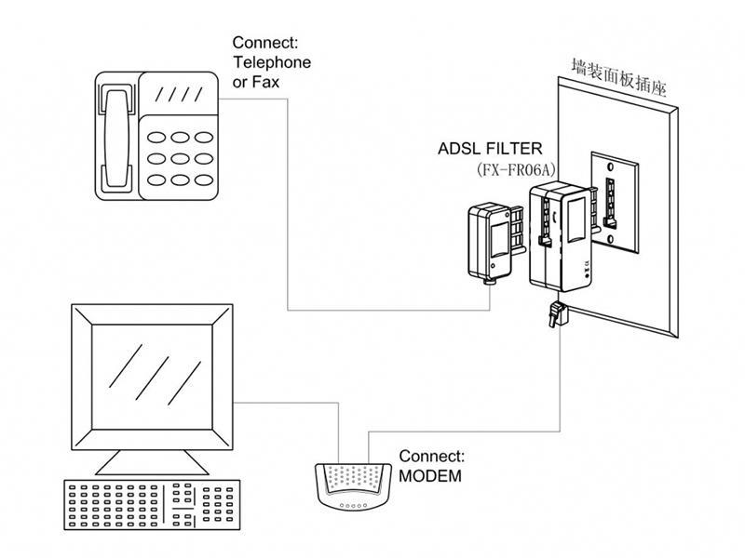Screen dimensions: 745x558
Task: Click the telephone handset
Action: click(x=117, y=138)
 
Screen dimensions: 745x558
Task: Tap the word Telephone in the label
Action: click(x=272, y=62)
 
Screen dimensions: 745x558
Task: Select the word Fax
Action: click(x=265, y=82)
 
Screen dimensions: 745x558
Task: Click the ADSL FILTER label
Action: click(x=490, y=149)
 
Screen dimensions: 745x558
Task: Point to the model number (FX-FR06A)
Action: click(x=516, y=169)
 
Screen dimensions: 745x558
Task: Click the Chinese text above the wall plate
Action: click(x=619, y=77)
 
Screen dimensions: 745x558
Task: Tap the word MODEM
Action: click(x=430, y=476)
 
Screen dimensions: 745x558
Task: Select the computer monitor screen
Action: click(x=152, y=378)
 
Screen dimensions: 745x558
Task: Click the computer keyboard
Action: click(x=152, y=505)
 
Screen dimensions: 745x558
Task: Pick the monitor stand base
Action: click(x=152, y=462)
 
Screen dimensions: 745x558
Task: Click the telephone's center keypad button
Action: click(x=180, y=158)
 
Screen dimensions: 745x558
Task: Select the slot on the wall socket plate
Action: click(x=609, y=201)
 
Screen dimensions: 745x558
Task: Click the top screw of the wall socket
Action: click(x=611, y=166)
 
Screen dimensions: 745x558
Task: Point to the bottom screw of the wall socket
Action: click(x=610, y=240)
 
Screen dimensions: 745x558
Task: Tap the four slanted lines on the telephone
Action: click(x=179, y=94)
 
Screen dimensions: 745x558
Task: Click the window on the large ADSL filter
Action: click(x=576, y=219)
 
